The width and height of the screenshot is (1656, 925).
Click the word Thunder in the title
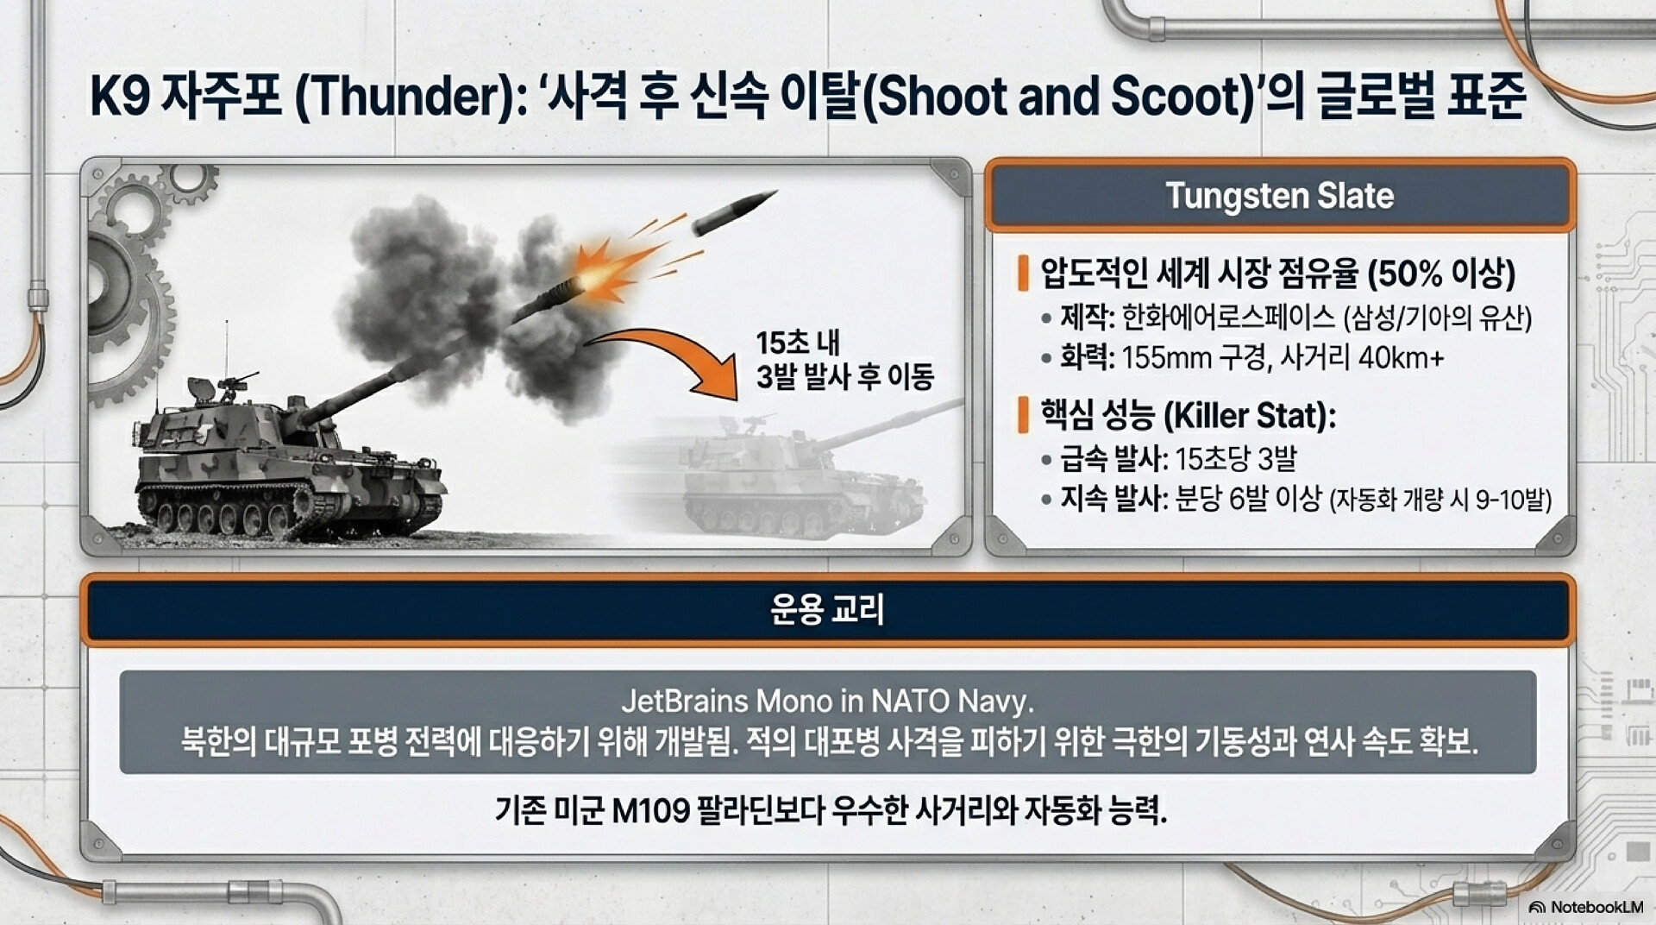coord(405,97)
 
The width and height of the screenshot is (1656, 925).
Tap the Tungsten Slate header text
coord(1279,196)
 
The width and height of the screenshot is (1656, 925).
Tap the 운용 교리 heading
coord(827,610)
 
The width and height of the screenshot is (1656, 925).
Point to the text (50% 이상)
coord(1441,274)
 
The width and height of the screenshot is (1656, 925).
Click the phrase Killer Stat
coord(1248,416)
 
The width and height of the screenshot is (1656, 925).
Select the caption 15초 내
coord(798,343)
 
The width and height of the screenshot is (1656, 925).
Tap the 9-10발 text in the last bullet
coord(1513,500)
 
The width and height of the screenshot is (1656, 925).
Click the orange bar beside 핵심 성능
coord(1023,415)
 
